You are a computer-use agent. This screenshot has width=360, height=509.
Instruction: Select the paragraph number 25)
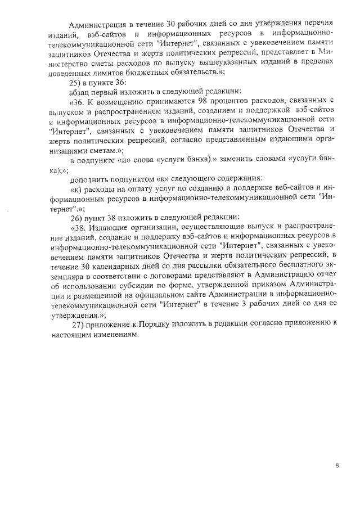point(76,81)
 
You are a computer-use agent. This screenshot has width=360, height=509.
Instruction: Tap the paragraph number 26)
point(76,217)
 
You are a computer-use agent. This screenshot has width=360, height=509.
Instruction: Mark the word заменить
point(239,159)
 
